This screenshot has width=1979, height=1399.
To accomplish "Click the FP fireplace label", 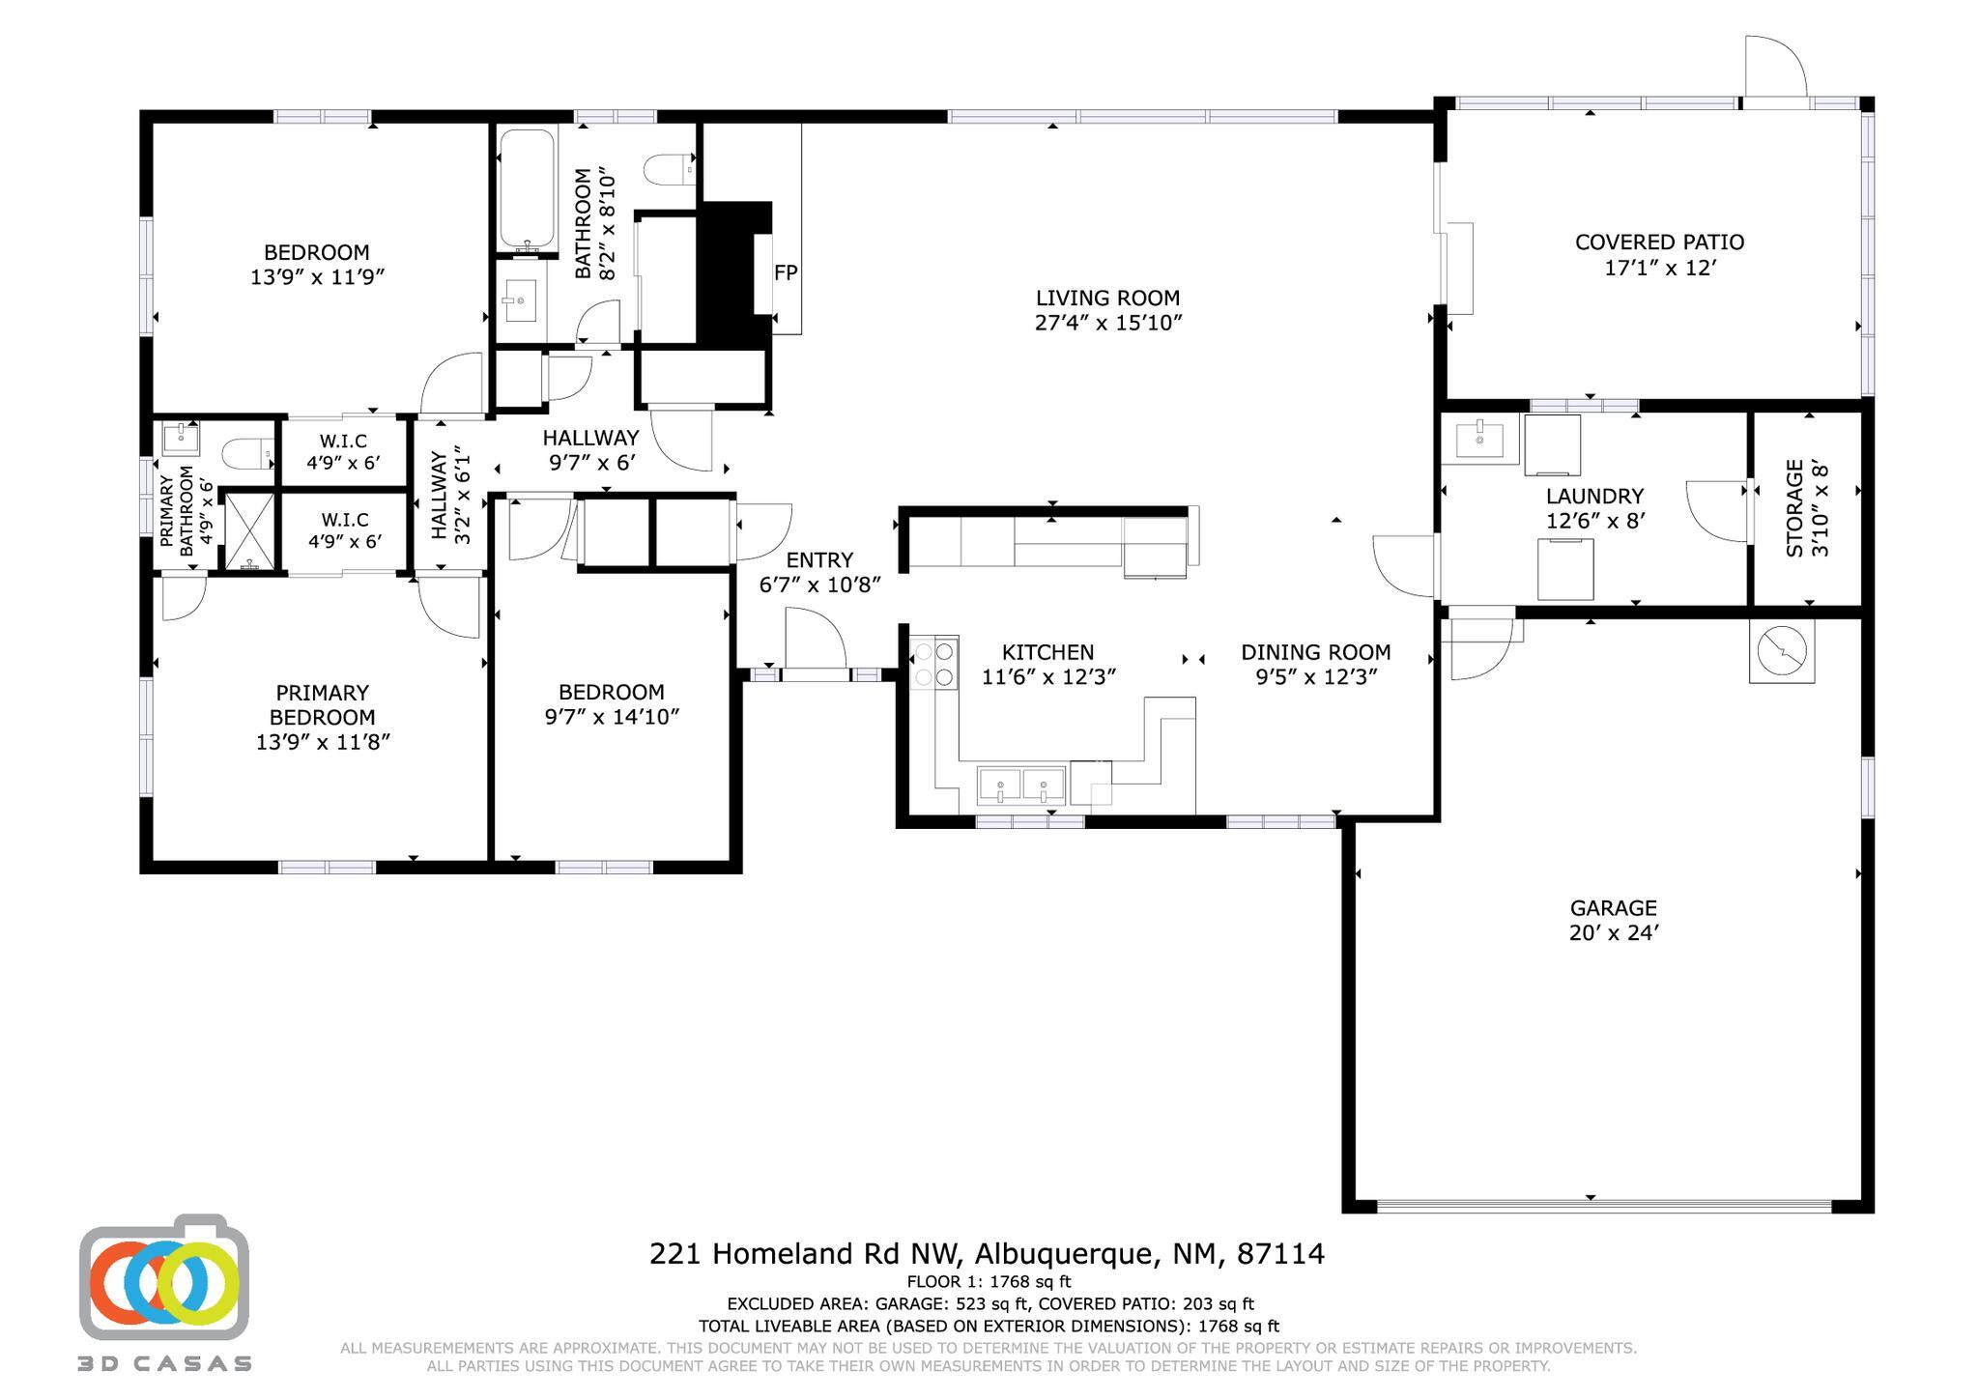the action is point(786,272).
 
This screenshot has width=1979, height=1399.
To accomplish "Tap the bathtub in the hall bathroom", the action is point(527,189).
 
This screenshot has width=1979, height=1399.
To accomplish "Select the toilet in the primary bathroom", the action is point(240,454).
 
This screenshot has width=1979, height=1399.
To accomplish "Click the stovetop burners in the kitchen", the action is point(934,663).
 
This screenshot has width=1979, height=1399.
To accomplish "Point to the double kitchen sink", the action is point(1021,785).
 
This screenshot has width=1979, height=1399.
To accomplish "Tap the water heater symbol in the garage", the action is point(1782,651).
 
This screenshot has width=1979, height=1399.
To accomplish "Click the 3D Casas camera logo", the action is point(164,1277).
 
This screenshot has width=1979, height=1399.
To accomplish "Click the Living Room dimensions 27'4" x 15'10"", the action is point(1108,323).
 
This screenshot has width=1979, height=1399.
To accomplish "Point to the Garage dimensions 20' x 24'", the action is point(1614,933).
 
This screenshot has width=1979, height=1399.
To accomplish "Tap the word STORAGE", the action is point(1794,508).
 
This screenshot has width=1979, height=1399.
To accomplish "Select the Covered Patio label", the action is point(1659,243).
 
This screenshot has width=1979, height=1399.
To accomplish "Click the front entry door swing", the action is point(816,639).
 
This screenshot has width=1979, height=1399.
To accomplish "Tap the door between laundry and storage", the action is point(1717,511).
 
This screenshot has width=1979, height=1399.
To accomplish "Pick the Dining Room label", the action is point(1316,652).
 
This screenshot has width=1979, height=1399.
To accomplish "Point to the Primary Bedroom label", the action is point(323,705).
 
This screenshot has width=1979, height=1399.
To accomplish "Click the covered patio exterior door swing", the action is point(1775,67).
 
